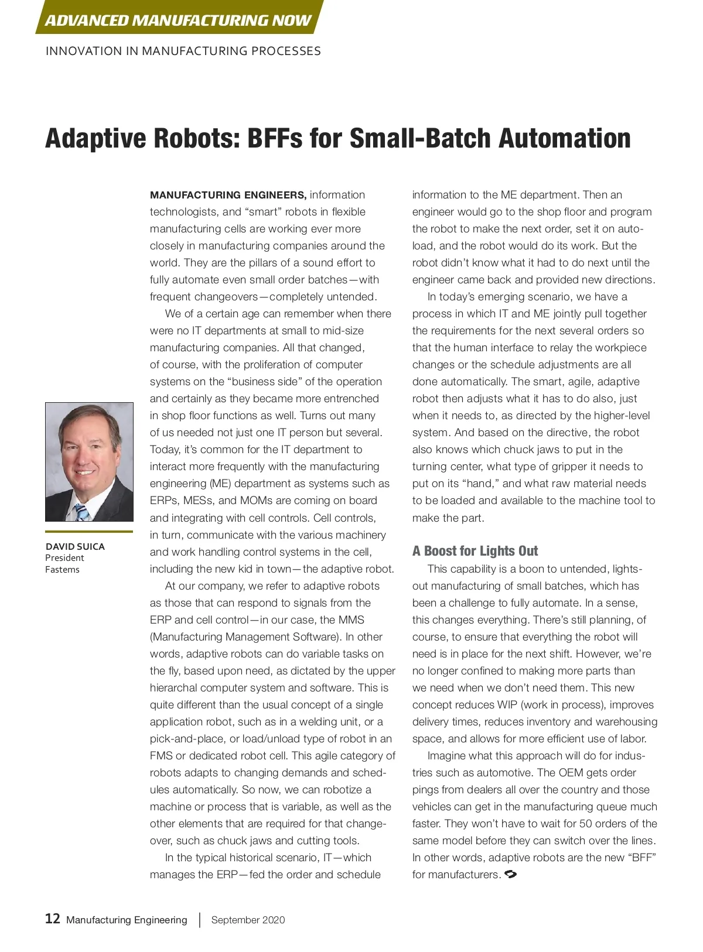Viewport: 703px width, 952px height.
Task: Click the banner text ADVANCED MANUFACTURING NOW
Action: pos(178,20)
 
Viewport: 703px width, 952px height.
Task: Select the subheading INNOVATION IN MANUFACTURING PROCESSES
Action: pos(183,51)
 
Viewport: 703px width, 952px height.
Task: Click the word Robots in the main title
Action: pos(196,139)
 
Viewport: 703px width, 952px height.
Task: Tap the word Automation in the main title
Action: pos(565,139)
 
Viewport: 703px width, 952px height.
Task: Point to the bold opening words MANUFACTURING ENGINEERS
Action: pos(228,195)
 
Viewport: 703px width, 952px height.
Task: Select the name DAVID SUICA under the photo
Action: pos(75,546)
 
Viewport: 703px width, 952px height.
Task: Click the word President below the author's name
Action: pos(64,558)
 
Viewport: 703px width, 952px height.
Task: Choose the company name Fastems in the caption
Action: pos(62,570)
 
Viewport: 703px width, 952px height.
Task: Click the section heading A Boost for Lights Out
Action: pos(475,551)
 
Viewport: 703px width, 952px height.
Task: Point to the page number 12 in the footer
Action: pos(52,919)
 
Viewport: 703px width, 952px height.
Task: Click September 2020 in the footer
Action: pos(248,920)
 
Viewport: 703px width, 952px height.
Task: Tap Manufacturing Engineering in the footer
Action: pos(127,920)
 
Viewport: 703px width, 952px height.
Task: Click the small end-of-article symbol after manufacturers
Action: pos(510,874)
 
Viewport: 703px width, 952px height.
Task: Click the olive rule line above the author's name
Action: pos(89,532)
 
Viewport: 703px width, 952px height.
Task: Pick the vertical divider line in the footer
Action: pos(200,920)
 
